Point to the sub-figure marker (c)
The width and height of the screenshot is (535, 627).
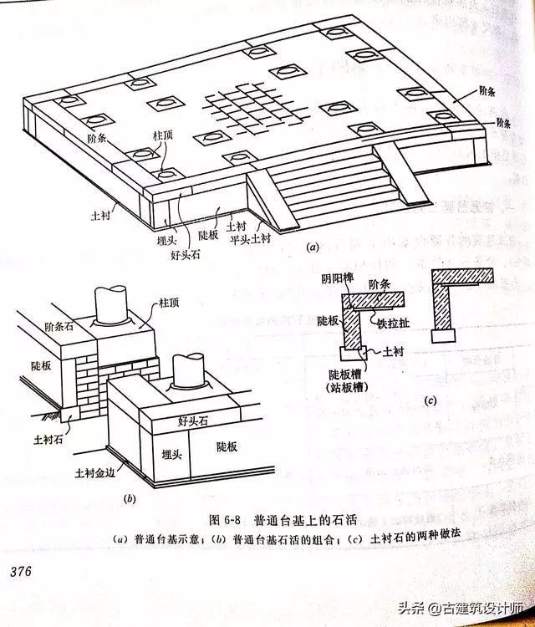431,401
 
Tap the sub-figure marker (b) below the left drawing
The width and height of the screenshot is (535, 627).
130,499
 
